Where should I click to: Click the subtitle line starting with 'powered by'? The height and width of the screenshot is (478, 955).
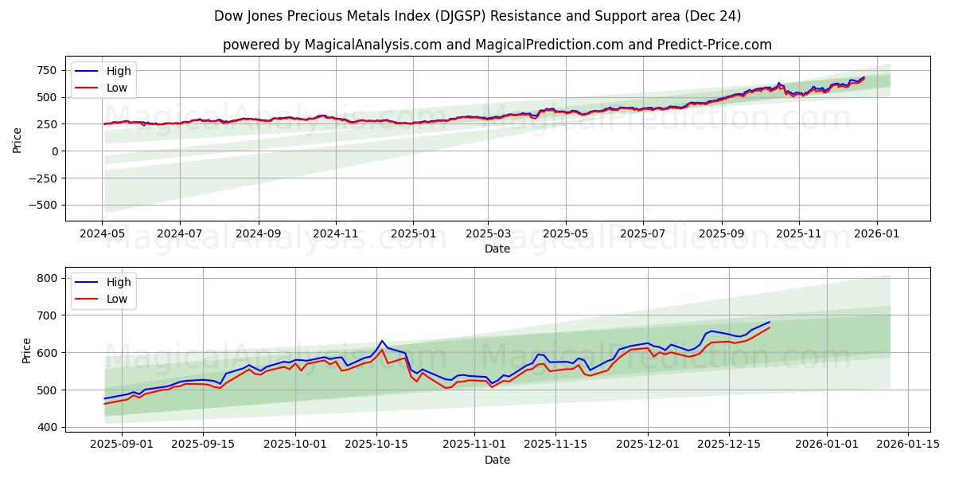pos(497,45)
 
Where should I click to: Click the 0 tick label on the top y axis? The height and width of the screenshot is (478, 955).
pos(54,151)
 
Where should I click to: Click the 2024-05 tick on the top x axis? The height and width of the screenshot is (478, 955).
pos(102,235)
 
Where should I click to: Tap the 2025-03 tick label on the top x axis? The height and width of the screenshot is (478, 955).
pos(488,235)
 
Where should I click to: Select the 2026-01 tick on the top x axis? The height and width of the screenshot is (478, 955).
pos(876,235)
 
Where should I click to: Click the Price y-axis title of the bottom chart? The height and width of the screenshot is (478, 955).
pos(27,351)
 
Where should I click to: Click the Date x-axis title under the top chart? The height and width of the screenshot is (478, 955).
pos(497,249)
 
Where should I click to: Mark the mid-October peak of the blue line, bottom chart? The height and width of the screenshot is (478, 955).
pos(382,341)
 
